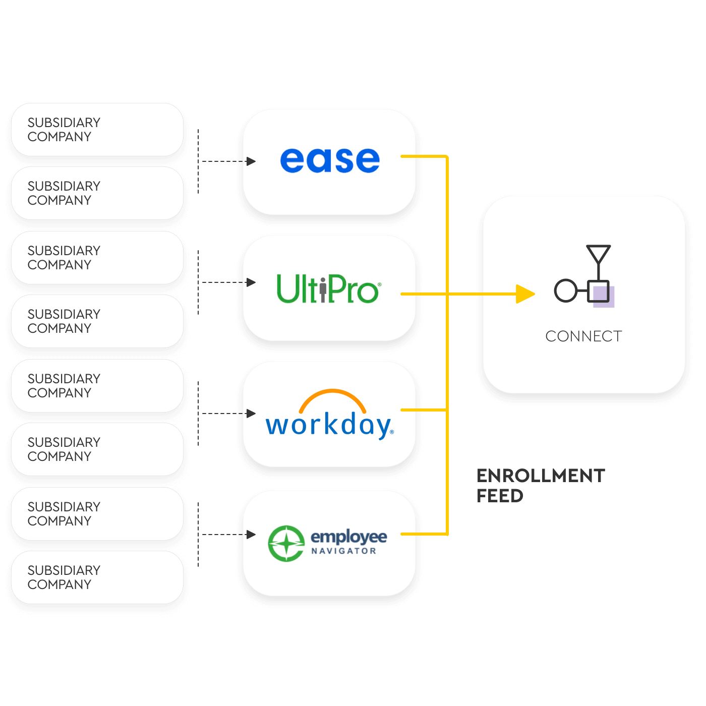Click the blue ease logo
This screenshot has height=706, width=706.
(x=330, y=160)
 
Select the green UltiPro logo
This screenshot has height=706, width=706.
(x=328, y=289)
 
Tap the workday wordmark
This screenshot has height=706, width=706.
(x=329, y=425)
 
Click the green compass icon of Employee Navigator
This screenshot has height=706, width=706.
(x=286, y=544)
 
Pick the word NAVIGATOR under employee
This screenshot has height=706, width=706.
(x=344, y=551)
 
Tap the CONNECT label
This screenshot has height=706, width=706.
(x=583, y=336)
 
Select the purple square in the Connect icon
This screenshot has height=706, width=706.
(x=603, y=296)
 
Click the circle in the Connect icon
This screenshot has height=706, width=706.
(x=565, y=290)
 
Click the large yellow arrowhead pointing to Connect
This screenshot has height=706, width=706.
(x=525, y=294)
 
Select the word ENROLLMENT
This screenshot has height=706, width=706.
(x=541, y=476)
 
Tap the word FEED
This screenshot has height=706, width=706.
(x=500, y=496)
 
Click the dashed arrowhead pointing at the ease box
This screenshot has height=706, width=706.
(x=251, y=161)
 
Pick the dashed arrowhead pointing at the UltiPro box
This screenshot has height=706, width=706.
(x=251, y=282)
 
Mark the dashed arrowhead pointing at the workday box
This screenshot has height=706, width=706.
(x=251, y=414)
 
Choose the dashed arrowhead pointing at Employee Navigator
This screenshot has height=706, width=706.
(x=251, y=535)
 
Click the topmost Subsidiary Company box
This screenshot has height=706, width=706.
(x=97, y=130)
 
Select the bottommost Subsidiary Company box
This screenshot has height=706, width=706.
(x=97, y=577)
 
